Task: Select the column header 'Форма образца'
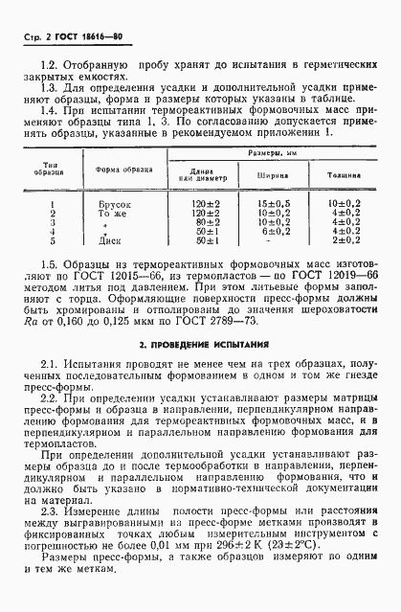(x=121, y=171)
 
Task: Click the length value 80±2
(x=207, y=223)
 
